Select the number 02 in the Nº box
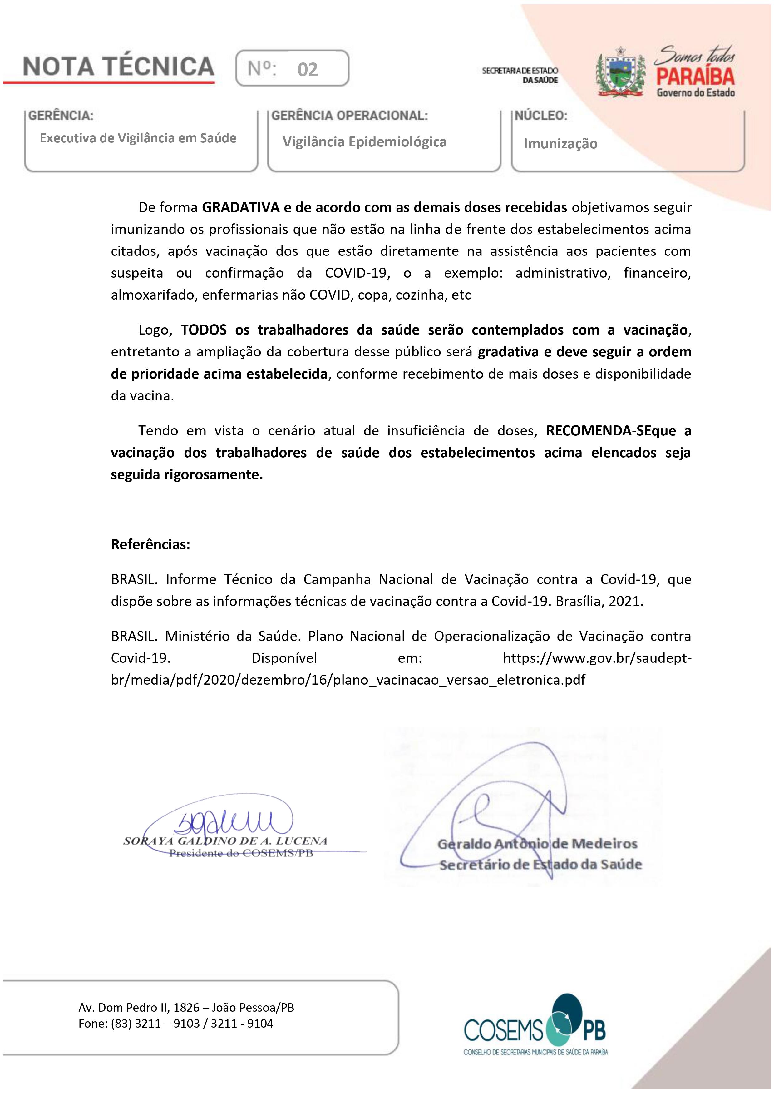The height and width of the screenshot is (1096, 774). tap(307, 70)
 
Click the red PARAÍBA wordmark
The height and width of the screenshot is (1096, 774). tap(695, 77)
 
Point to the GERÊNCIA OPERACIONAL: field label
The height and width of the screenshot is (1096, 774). tap(349, 116)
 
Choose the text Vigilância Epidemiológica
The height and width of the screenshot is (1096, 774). tap(365, 142)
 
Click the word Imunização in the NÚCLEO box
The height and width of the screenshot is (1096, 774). tap(560, 144)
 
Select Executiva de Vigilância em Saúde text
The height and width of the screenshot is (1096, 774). tap(138, 138)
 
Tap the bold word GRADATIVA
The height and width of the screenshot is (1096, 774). tap(240, 208)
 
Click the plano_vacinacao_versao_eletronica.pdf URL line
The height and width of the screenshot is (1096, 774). tap(348, 680)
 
